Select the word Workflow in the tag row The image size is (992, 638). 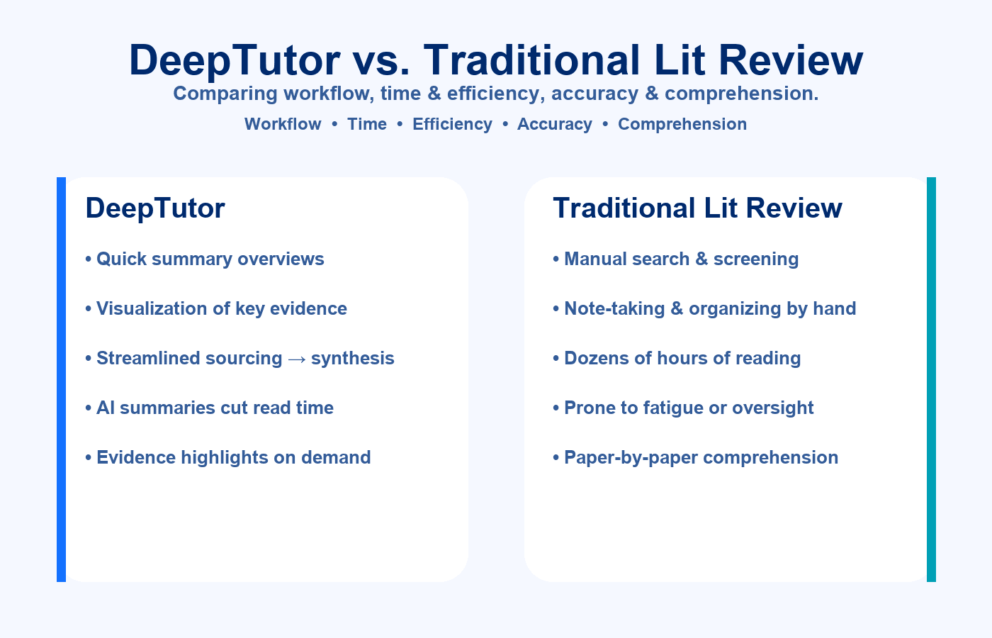pos(283,124)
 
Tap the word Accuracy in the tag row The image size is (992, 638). pos(555,124)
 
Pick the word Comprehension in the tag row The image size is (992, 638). pos(682,124)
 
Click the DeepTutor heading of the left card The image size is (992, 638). pos(155,208)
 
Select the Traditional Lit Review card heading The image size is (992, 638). pos(697,208)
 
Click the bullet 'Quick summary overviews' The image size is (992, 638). pos(205,259)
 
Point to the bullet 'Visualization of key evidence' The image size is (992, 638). pos(216,308)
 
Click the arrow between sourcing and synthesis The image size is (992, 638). pos(297,359)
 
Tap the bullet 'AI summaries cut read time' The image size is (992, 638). pos(209,408)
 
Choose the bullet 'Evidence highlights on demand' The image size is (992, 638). pos(227,457)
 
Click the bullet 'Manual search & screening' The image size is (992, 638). pos(676,259)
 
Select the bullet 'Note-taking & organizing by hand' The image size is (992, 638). pos(704,308)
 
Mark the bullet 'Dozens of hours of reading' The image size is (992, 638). pos(677,358)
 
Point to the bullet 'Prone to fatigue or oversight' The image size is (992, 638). pos(683,408)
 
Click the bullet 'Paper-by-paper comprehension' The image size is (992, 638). pos(695,457)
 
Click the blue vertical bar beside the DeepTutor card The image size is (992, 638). pos(61,379)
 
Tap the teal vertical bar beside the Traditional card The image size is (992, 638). pos(931,379)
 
